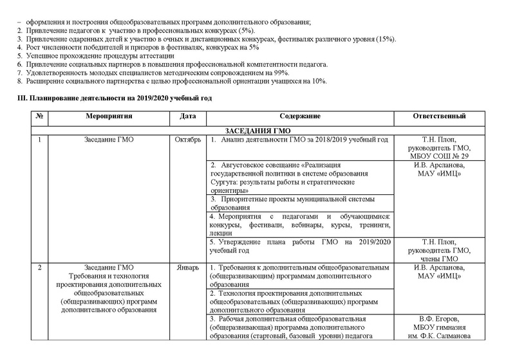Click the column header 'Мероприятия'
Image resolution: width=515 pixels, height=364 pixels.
point(108,116)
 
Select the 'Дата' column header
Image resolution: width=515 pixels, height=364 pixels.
point(187,116)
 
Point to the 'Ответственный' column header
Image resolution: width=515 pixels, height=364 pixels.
point(438,116)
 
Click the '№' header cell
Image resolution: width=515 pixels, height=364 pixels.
point(40,116)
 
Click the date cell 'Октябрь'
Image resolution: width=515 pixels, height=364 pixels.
point(188,140)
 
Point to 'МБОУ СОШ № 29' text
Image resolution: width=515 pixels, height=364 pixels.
point(439,156)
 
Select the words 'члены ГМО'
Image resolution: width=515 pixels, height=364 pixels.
point(439,258)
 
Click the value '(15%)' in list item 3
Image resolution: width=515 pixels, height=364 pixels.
point(385,39)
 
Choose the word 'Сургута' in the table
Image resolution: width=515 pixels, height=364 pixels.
point(225,182)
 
